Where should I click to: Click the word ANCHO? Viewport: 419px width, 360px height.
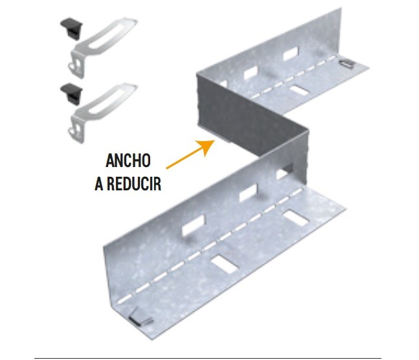[128, 161]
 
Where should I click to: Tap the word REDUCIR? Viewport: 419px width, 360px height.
[134, 184]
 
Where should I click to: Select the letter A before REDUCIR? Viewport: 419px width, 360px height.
[99, 184]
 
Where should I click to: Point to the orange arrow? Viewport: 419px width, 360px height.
[190, 154]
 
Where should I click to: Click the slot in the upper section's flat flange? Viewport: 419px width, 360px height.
[299, 90]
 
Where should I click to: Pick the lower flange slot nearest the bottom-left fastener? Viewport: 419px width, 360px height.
[224, 264]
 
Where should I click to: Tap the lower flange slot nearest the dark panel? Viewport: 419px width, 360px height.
[296, 218]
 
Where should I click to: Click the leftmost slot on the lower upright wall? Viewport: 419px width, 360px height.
[193, 226]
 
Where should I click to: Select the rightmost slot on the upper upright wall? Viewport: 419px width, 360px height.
[291, 54]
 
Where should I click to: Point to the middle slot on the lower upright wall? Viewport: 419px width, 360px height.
[248, 192]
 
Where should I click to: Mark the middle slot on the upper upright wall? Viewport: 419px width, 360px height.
[251, 73]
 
